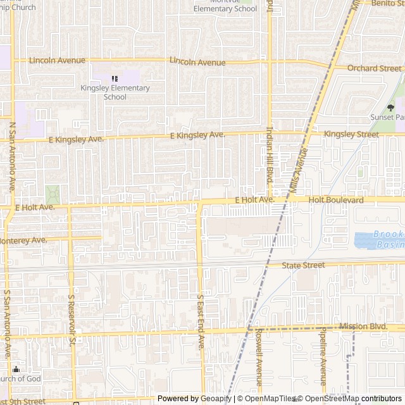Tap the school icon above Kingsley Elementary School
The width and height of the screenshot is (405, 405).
[115, 78]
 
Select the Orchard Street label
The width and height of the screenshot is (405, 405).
[374, 68]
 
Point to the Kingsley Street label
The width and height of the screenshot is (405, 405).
[351, 134]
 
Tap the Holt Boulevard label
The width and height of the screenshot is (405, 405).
[336, 200]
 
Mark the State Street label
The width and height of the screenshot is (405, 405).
[303, 265]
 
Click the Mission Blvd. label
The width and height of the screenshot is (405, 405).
[362, 327]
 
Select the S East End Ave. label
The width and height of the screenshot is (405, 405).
[201, 321]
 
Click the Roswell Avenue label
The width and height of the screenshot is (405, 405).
[259, 365]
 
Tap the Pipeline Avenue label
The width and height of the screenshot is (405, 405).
[322, 366]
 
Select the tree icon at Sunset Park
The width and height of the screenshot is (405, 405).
[390, 107]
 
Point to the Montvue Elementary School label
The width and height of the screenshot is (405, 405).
[225, 6]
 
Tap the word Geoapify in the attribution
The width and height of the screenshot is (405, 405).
[216, 399]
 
